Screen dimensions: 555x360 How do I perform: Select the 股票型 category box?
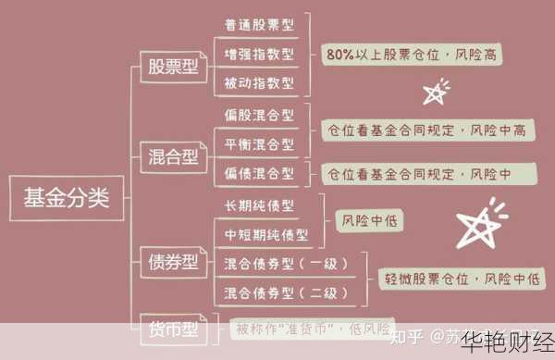click(x=173, y=67)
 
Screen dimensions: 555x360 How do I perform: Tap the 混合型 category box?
click(x=173, y=157)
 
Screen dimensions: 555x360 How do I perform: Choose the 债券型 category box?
click(x=173, y=263)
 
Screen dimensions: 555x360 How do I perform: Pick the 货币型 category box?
click(x=173, y=329)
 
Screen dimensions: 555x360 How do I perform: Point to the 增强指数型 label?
click(x=259, y=54)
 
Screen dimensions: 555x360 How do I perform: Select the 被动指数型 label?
click(x=259, y=83)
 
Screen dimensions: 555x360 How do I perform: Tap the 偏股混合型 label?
click(x=259, y=116)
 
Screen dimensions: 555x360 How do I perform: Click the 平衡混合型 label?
click(x=259, y=144)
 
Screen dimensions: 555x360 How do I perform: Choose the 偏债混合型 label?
click(x=259, y=173)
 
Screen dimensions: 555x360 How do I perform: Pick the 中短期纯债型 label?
click(x=266, y=234)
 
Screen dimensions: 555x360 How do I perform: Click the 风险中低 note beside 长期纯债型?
click(x=370, y=220)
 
